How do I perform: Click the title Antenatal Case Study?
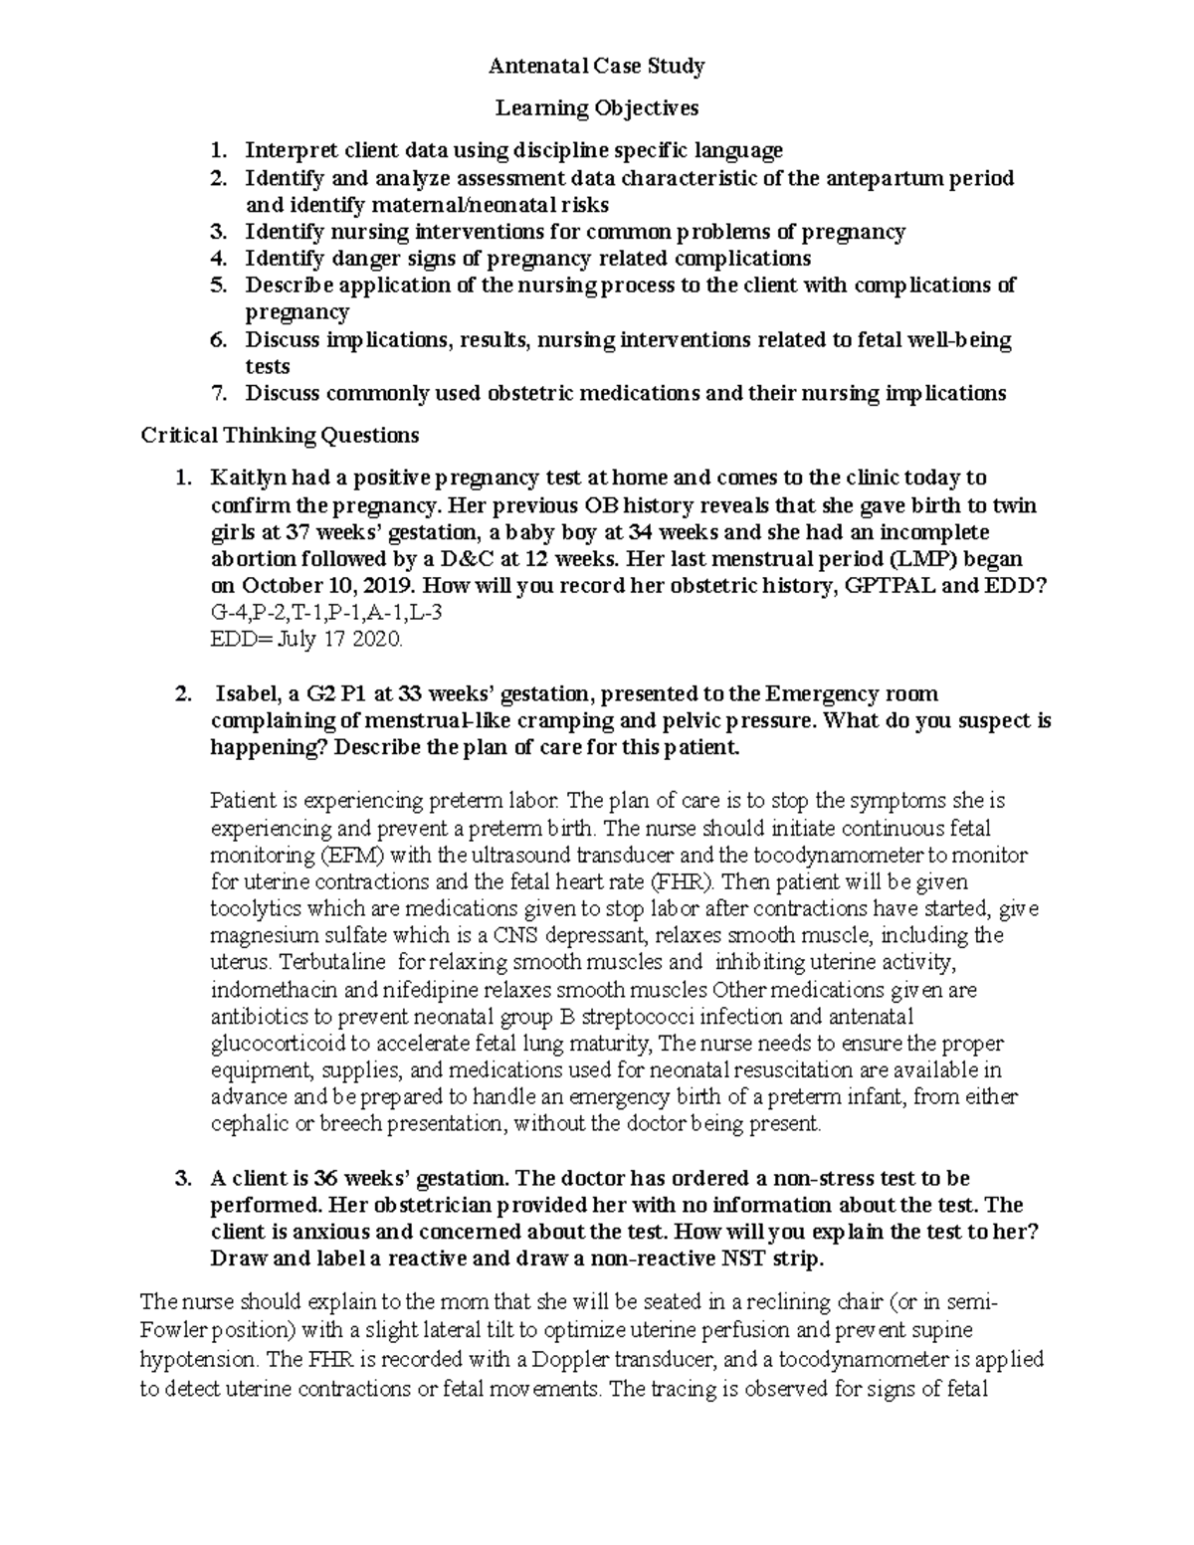coord(596,66)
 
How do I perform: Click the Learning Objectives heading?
coord(596,107)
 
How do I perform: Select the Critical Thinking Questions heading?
coord(280,435)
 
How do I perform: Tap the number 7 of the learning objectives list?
coord(221,393)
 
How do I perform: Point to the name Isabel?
coord(249,693)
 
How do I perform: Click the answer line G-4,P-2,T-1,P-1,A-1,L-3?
coord(327,613)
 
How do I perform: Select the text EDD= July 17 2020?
coord(307,640)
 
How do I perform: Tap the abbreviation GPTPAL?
coord(890,586)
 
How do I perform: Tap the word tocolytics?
coord(255,908)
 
